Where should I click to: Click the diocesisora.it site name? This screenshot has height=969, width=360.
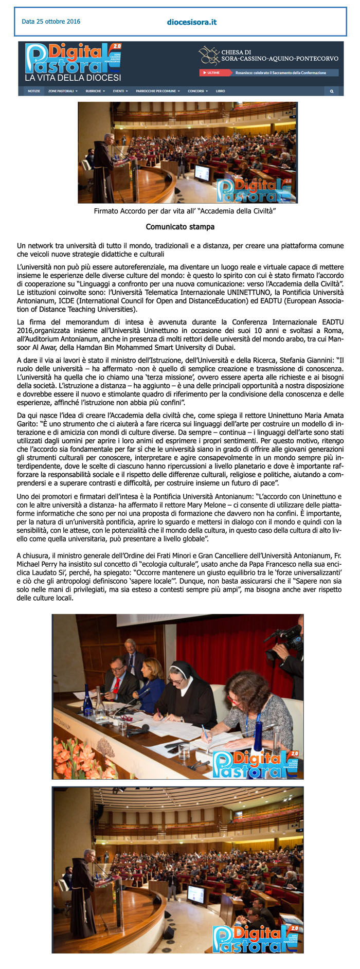pyautogui.click(x=192, y=22)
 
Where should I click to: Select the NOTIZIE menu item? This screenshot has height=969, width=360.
pyautogui.click(x=34, y=91)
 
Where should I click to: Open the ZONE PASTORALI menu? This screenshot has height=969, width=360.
pyautogui.click(x=62, y=91)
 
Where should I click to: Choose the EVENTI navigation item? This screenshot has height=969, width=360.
pyautogui.click(x=119, y=91)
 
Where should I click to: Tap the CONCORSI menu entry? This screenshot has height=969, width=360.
pyautogui.click(x=197, y=91)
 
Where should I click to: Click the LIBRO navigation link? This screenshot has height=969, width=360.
pyautogui.click(x=220, y=91)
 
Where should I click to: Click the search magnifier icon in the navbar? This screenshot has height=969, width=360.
pyautogui.click(x=332, y=91)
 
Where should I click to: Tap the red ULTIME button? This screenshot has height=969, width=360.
pyautogui.click(x=212, y=73)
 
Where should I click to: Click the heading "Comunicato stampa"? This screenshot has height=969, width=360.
pyautogui.click(x=180, y=227)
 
